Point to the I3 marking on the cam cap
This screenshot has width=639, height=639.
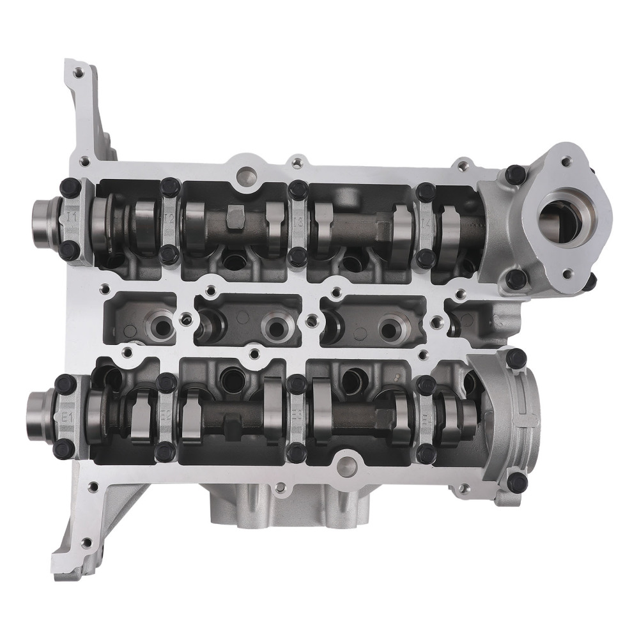pyautogui.click(x=298, y=222)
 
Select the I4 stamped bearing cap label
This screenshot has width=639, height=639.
pyautogui.click(x=426, y=224)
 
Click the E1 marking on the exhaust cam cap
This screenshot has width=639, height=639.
pyautogui.click(x=66, y=415)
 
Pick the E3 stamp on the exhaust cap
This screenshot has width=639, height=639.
pyautogui.click(x=296, y=416)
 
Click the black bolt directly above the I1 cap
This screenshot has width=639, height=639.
pyautogui.click(x=72, y=186)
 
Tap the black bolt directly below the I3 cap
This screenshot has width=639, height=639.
pyautogui.click(x=296, y=257)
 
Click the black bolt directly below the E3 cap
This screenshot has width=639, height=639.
pyautogui.click(x=295, y=453)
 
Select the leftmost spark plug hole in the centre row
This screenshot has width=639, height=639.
pyautogui.click(x=160, y=323)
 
